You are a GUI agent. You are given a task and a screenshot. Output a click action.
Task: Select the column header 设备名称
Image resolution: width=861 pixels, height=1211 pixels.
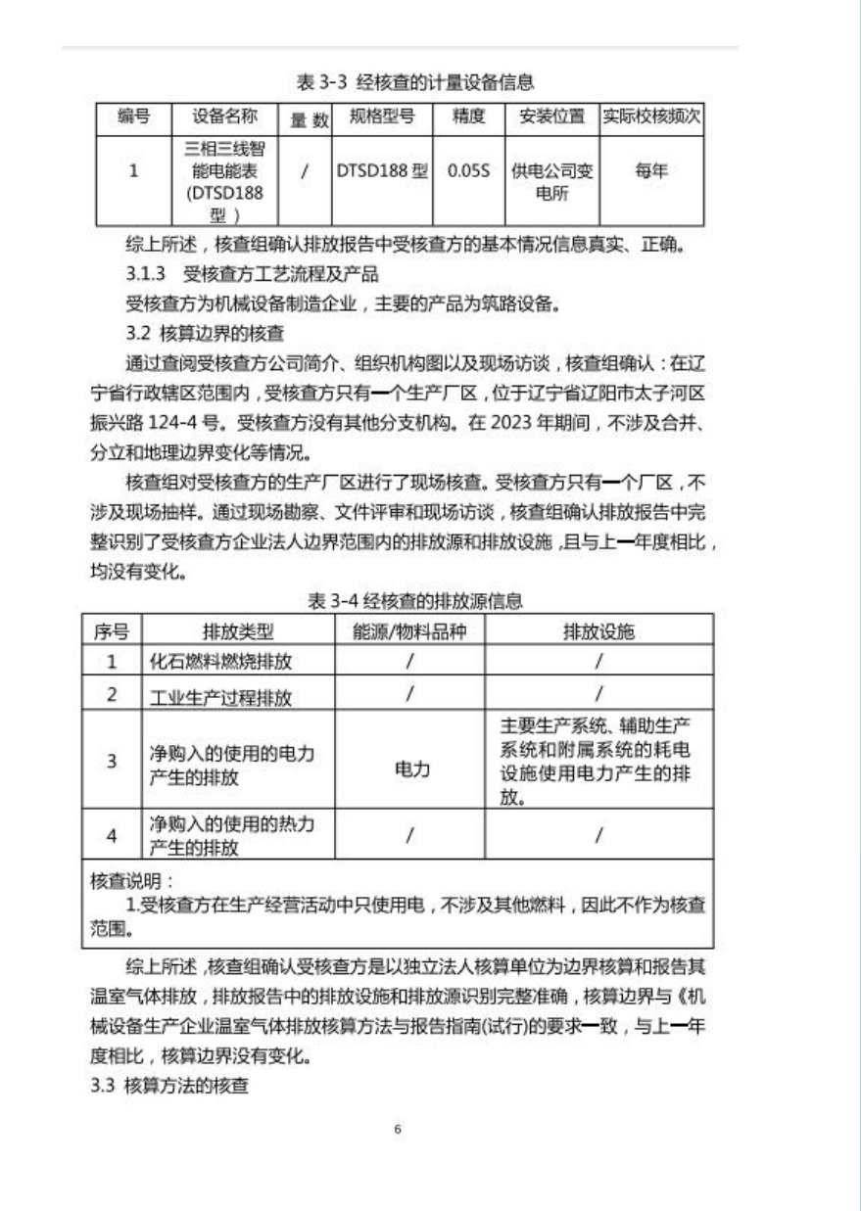point(224,117)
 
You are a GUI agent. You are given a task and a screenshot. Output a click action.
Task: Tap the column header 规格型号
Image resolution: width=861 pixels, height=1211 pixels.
point(381,117)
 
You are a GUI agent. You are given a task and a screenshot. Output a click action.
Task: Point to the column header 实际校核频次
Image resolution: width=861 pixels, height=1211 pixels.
point(651,117)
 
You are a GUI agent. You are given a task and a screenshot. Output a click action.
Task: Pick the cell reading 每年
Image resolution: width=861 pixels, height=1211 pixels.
point(651,170)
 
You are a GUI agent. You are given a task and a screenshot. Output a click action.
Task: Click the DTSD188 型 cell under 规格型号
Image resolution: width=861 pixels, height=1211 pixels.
point(382,170)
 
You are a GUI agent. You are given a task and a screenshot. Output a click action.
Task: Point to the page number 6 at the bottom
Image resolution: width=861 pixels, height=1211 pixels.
point(398,1130)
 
